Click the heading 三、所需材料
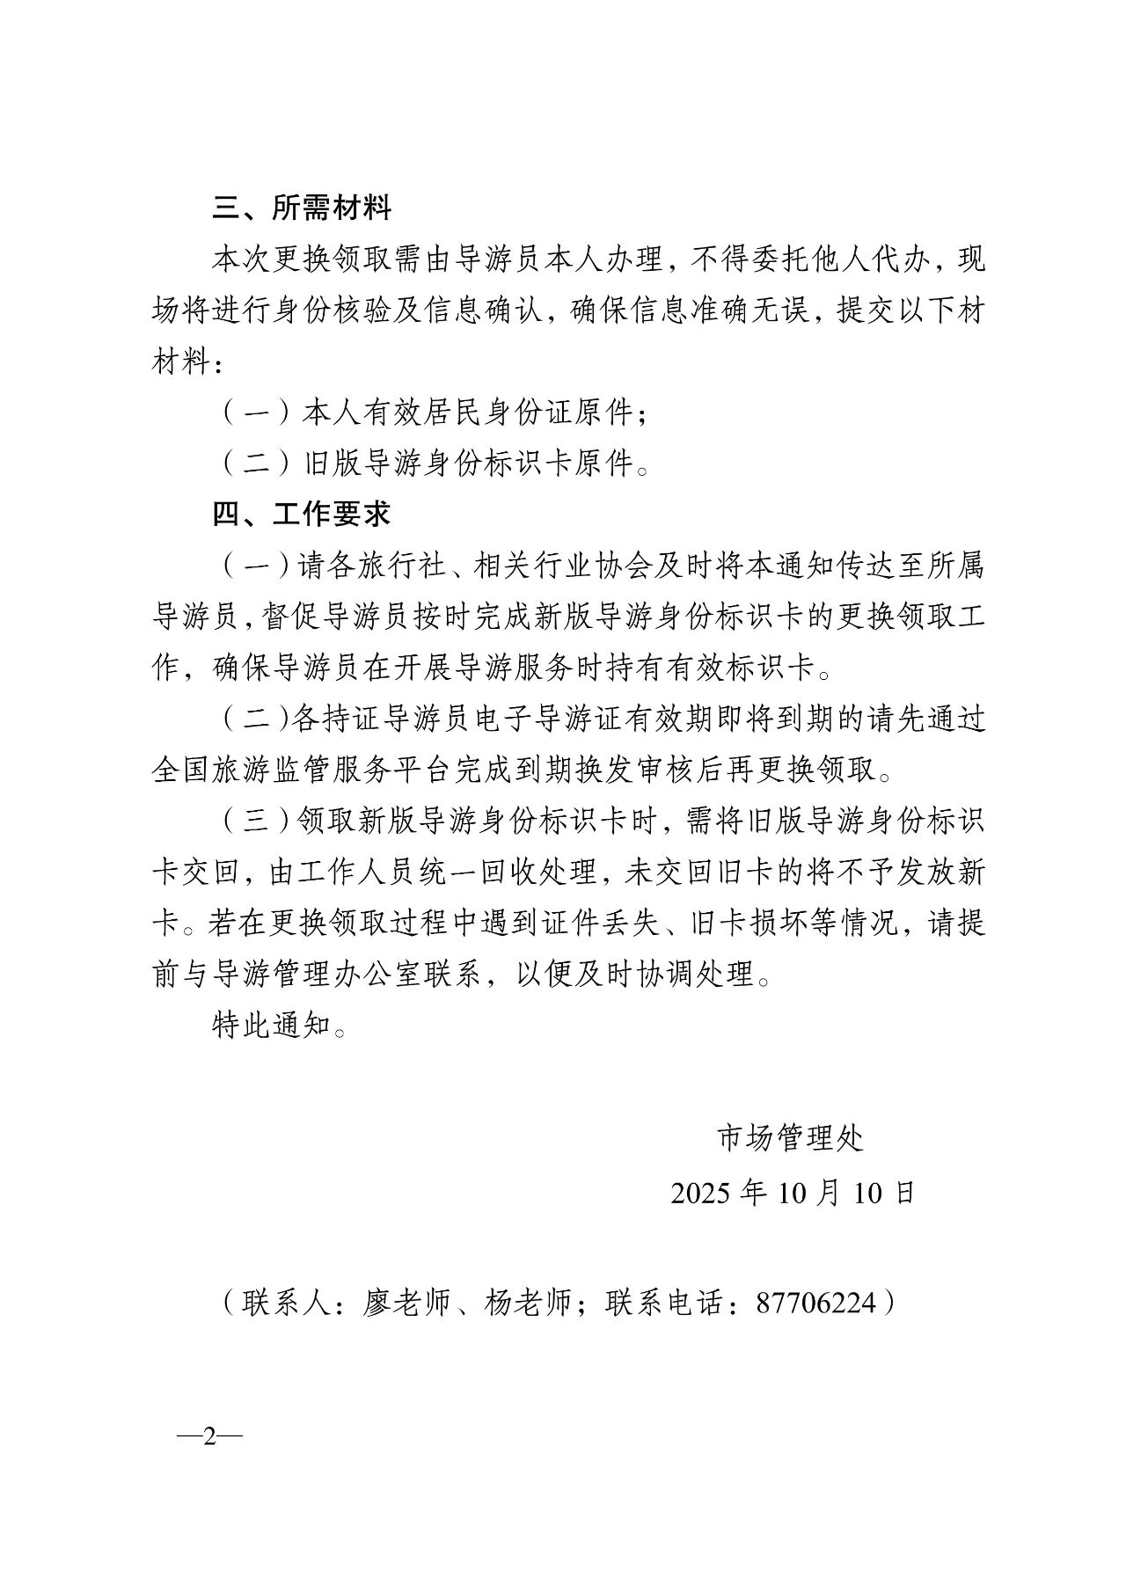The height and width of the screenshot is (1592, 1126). [x=302, y=208]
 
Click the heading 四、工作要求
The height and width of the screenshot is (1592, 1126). [x=302, y=514]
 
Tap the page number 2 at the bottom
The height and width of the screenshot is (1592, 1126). [x=209, y=1436]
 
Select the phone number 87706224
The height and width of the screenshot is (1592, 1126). [x=816, y=1303]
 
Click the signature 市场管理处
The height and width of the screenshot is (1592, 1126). [x=791, y=1138]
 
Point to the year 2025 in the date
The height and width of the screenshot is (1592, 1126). [x=700, y=1193]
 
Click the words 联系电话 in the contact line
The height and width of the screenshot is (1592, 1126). [x=664, y=1303]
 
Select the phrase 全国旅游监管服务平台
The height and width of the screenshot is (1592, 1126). [x=302, y=770]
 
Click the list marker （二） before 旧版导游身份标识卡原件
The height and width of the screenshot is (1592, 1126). [x=255, y=464]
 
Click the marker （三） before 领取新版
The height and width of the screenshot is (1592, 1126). [x=255, y=821]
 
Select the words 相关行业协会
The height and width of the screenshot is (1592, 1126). [x=563, y=566]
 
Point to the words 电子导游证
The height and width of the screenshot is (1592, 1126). [x=548, y=719]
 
